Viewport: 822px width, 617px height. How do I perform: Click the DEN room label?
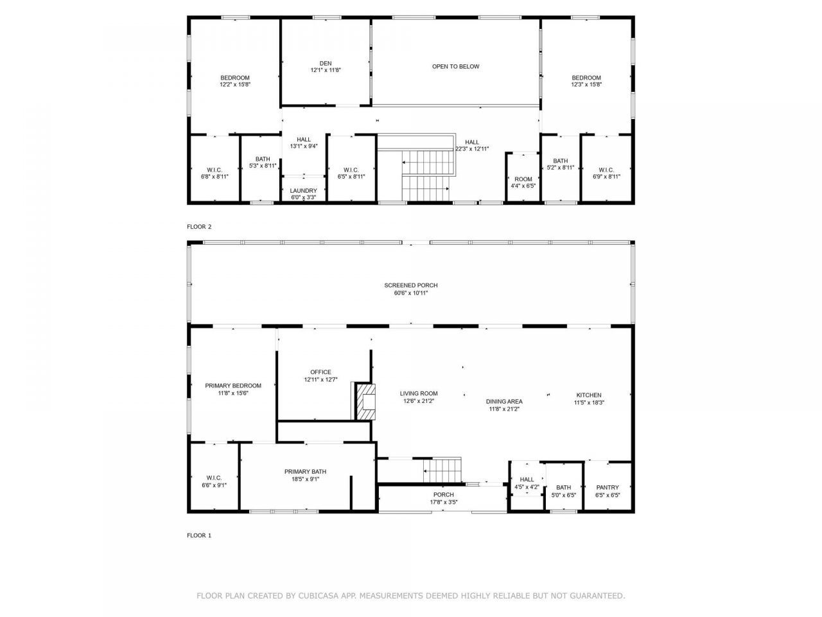pos(326,63)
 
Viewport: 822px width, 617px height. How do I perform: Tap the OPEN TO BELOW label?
pos(455,67)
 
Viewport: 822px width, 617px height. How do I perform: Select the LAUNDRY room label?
pos(303,191)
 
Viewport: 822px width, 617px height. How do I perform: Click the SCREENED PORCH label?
pos(411,285)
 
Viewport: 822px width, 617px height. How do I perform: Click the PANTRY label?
pos(607,488)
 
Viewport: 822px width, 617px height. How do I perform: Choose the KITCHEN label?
pos(588,395)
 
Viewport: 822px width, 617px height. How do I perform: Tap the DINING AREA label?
pos(504,402)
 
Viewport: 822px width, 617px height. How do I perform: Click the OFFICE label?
pos(320,372)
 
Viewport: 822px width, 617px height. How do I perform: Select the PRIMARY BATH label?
pos(305,472)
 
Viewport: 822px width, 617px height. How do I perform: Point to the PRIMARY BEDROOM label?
pos(233,386)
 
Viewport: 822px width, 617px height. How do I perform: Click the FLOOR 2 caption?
pos(199,227)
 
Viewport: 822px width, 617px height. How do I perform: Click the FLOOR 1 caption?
pos(199,535)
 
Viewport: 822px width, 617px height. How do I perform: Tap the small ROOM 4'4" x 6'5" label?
pos(523,179)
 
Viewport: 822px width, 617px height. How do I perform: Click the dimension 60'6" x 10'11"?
pos(411,293)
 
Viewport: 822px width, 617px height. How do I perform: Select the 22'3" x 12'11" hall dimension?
pos(472,149)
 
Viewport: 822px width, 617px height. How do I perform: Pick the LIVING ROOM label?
pos(419,394)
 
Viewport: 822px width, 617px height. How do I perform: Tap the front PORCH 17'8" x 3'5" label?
pos(443,495)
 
